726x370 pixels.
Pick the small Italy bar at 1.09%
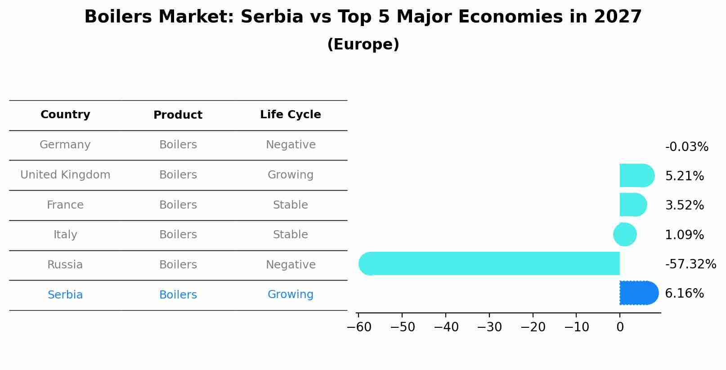tap(625, 235)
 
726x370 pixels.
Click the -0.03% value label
tap(686, 147)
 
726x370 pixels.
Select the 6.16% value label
tap(684, 294)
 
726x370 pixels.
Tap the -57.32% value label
tap(690, 264)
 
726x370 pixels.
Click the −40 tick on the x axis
tap(446, 327)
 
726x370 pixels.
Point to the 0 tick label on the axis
tap(620, 327)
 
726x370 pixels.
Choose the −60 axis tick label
tap(359, 327)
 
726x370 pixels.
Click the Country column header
tap(65, 115)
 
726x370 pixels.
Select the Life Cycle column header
tap(291, 115)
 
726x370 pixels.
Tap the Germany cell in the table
tap(65, 145)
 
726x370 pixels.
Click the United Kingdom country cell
tap(65, 175)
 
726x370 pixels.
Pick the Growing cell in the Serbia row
tap(291, 294)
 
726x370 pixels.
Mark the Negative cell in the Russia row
tap(291, 265)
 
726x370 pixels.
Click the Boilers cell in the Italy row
tap(178, 235)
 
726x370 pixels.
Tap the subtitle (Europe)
tap(363, 45)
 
